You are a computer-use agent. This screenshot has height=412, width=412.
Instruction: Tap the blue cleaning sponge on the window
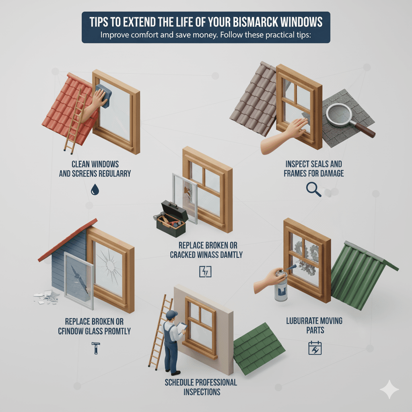pos(104,95)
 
